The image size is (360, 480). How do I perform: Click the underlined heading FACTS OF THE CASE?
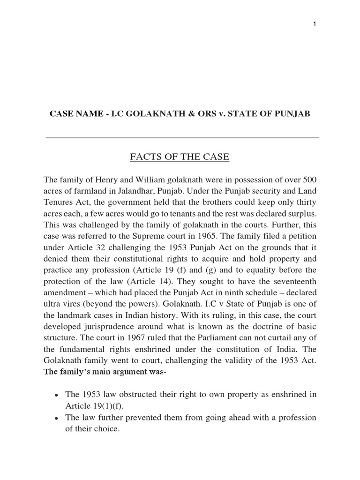180,157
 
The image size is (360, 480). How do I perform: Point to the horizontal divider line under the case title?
182,138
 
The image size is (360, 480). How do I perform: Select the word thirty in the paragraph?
305,202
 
